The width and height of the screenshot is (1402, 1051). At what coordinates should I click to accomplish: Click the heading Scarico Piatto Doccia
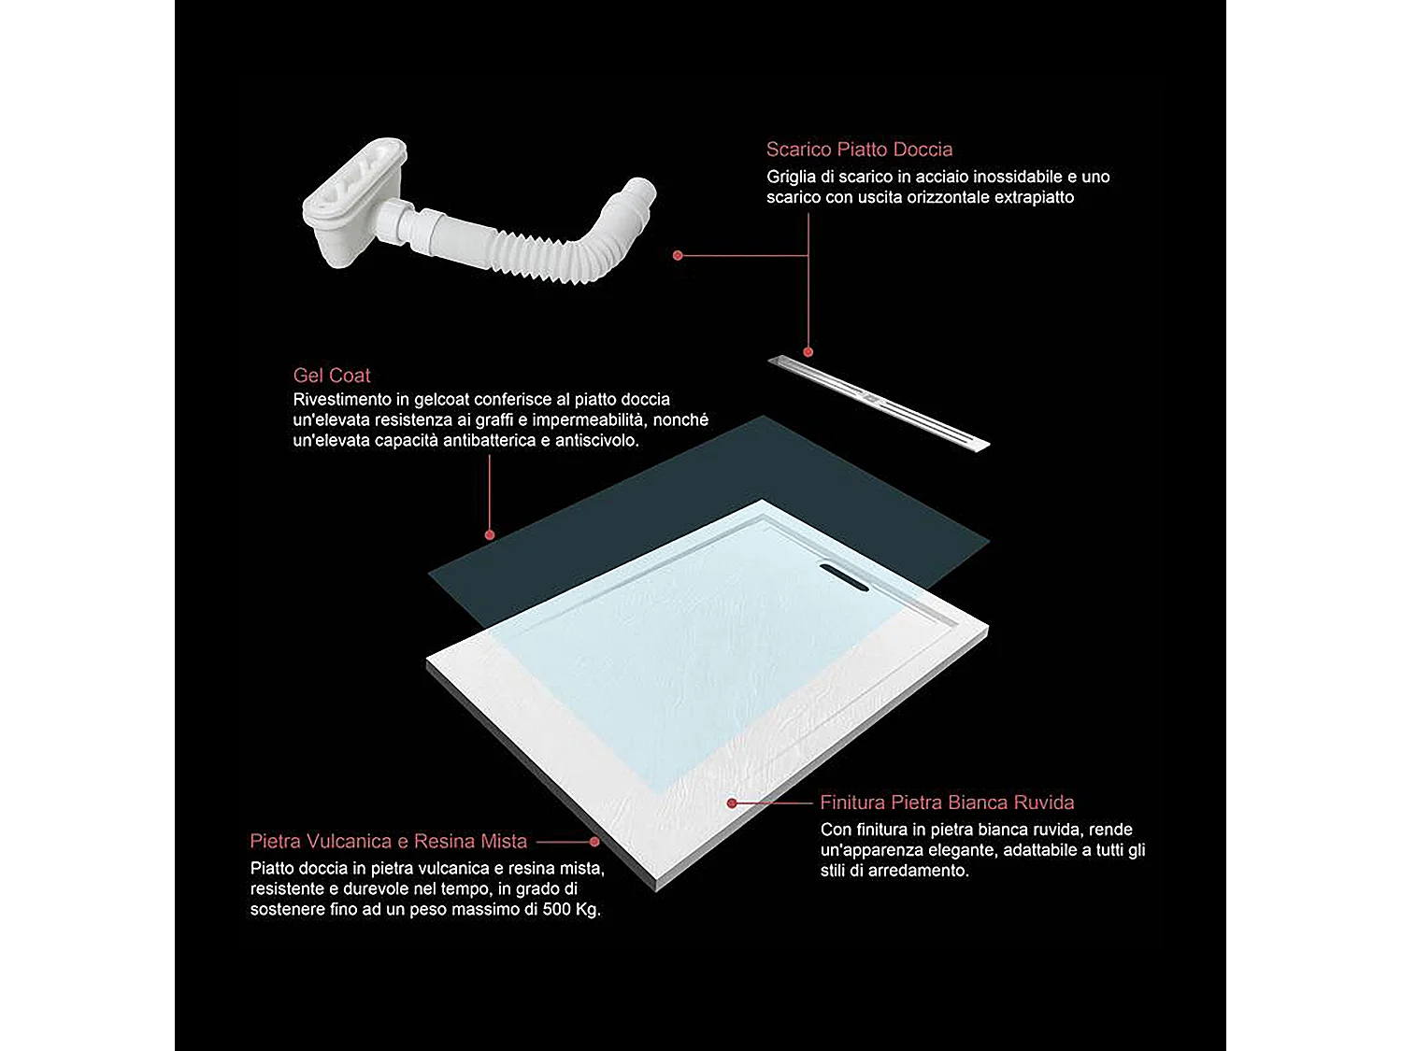(859, 149)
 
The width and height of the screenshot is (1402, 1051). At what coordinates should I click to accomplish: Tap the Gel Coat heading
(332, 376)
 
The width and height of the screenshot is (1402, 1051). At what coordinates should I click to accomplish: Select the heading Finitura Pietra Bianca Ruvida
(947, 802)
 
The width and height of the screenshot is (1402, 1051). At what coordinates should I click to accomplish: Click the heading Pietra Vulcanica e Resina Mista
(388, 841)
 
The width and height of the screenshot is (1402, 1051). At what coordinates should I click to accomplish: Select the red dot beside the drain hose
(678, 255)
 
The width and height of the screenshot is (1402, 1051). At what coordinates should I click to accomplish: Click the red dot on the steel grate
(808, 352)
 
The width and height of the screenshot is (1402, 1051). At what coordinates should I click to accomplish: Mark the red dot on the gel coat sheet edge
(489, 535)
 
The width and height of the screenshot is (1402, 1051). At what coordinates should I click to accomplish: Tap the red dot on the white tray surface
(732, 802)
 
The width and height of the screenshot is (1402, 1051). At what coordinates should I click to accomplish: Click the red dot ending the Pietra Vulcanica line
(594, 842)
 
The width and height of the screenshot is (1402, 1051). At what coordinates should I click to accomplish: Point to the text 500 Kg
(571, 910)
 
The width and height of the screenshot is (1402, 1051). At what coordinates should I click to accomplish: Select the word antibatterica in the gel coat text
(490, 441)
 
